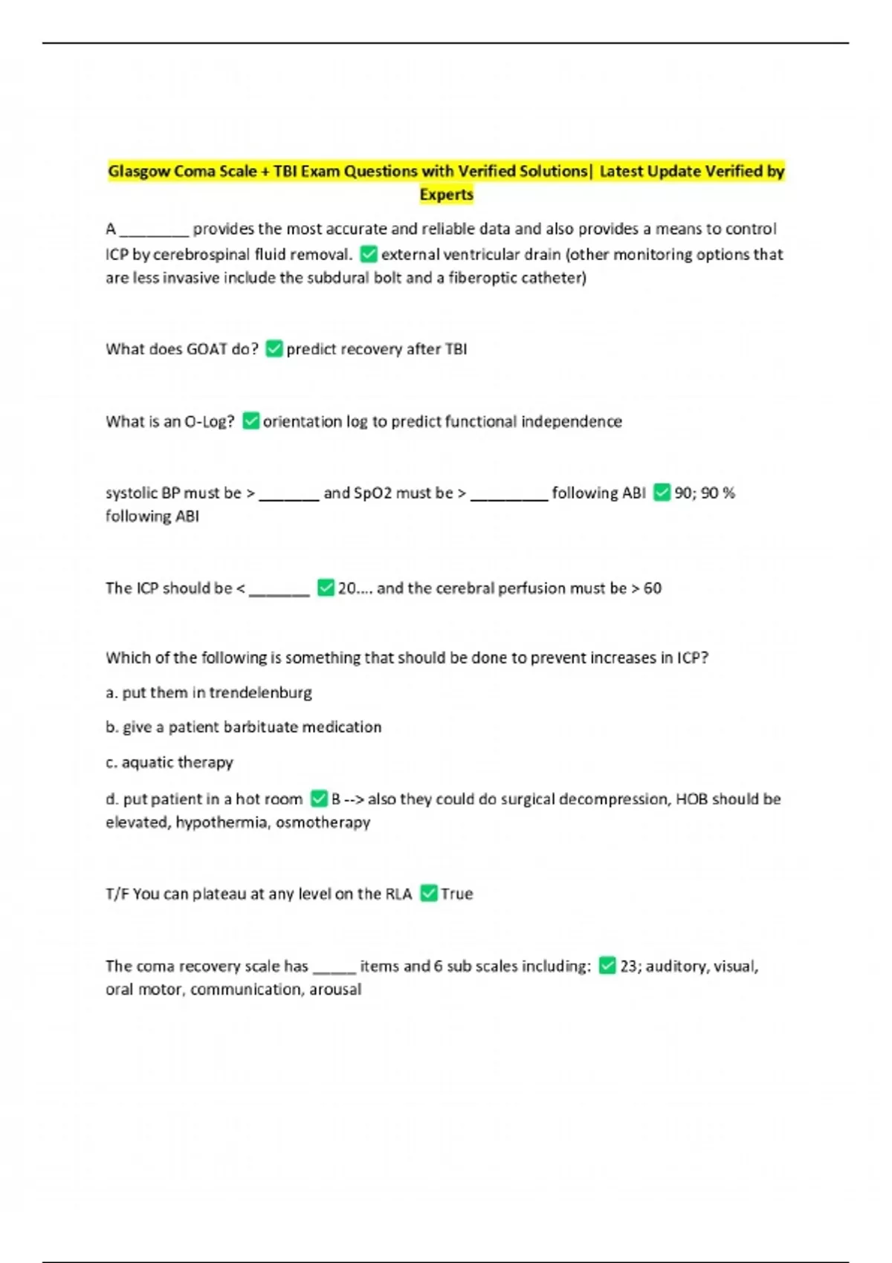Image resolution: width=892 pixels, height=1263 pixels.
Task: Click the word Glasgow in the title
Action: click(x=139, y=172)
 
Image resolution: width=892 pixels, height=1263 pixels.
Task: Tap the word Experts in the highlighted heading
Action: click(x=446, y=195)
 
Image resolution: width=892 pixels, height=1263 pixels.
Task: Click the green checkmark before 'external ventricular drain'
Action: click(x=369, y=255)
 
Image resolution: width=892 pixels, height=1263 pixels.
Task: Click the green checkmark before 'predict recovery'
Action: click(x=274, y=348)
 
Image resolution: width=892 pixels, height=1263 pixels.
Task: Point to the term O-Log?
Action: click(x=209, y=422)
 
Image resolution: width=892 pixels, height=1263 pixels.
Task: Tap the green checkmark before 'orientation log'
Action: click(x=251, y=421)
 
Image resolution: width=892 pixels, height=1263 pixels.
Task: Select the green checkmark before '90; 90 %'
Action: click(x=662, y=493)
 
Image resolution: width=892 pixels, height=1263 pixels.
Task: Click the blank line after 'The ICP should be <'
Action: click(x=279, y=590)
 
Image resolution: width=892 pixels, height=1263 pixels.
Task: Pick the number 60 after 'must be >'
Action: click(x=653, y=588)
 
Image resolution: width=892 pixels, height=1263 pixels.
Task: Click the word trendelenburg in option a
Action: click(x=260, y=693)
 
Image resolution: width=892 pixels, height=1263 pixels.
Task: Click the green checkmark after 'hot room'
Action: click(x=319, y=799)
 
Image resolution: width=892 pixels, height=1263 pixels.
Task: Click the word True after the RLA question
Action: click(x=456, y=894)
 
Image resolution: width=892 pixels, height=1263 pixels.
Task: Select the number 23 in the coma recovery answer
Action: click(x=631, y=967)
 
